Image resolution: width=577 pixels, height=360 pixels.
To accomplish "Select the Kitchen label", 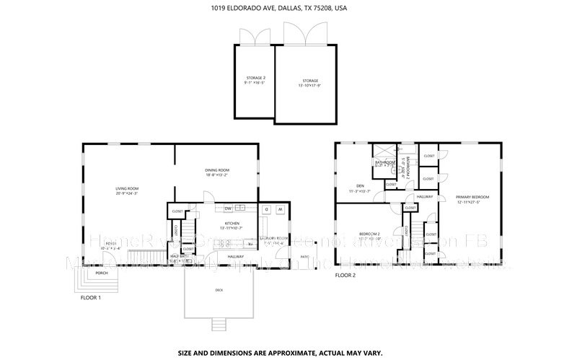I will [x=232, y=224].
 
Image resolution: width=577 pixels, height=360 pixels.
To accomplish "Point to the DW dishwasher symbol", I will [x=228, y=208].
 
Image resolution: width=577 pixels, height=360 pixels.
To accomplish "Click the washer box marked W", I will [x=280, y=209].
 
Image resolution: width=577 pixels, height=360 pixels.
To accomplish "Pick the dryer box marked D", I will [x=265, y=209].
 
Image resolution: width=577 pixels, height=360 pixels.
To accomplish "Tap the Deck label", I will [x=219, y=290].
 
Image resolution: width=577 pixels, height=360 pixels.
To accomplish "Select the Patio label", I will [x=304, y=256].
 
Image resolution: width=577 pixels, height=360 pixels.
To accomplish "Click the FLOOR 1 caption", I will [x=90, y=297].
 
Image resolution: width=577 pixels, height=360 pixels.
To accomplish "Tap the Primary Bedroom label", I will [x=473, y=199].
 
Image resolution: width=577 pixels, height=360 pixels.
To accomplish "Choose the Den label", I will [x=359, y=188].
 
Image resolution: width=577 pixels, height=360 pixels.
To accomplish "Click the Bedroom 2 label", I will [x=369, y=235].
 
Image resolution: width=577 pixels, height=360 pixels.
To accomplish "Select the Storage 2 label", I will [x=255, y=79].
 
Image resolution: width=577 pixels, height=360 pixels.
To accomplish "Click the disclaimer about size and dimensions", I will [x=288, y=333].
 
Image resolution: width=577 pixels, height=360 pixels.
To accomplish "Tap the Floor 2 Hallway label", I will [x=424, y=196].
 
